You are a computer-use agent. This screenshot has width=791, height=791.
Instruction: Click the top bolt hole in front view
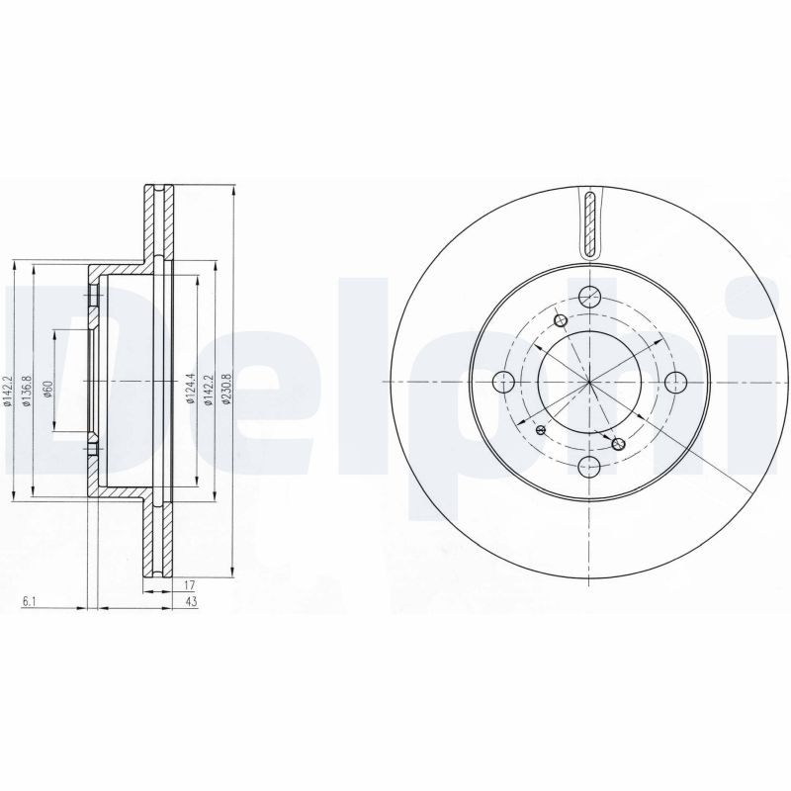click(x=589, y=295)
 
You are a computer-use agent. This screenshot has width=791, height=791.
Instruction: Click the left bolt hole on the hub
click(x=502, y=382)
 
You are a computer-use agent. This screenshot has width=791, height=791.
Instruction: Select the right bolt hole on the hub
click(x=676, y=382)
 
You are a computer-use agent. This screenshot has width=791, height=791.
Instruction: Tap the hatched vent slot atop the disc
click(x=590, y=222)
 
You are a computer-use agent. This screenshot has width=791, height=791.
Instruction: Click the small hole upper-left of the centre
click(x=561, y=320)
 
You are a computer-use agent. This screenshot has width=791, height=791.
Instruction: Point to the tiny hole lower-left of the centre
click(x=540, y=431)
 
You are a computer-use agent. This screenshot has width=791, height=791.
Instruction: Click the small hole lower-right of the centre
click(x=619, y=444)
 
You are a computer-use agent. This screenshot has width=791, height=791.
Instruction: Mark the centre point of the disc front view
click(x=589, y=382)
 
